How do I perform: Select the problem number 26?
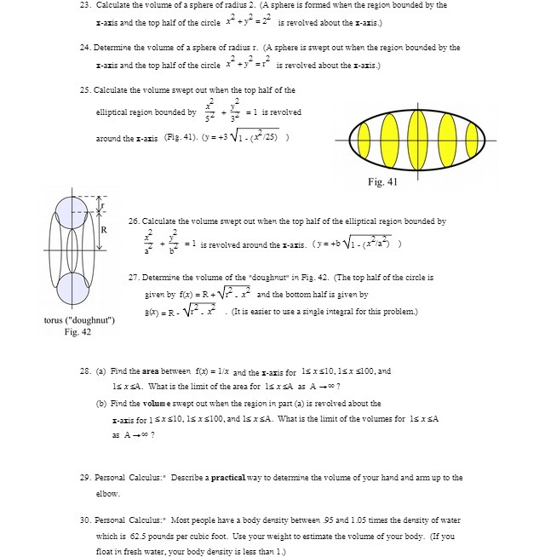click(134, 221)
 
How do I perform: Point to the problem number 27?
click(134, 278)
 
